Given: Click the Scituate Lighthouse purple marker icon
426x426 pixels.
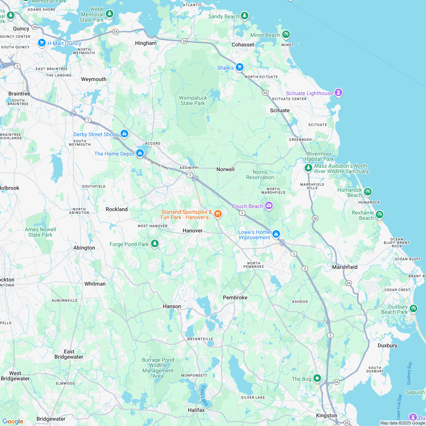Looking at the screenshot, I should coord(338,92).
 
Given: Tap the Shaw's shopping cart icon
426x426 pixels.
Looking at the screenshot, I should coord(239,67).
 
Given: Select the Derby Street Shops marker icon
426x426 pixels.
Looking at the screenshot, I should coord(124,134).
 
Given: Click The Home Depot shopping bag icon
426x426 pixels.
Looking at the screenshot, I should coord(140,153).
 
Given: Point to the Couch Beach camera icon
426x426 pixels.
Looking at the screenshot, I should coord(269,206).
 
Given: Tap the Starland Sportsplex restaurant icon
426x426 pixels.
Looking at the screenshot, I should coord(218,214).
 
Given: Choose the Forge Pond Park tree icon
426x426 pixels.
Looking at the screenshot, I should coord(154,243).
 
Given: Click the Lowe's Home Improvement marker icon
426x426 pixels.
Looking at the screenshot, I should coord(276,234).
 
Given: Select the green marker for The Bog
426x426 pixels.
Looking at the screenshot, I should coord(317,378).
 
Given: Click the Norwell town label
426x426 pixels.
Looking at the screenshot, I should coord(226,169).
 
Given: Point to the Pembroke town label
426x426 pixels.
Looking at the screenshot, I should coord(235,297).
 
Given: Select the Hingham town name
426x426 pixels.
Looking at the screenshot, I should coord(146,43).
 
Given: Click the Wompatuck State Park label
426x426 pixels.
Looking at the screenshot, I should coord(193,100).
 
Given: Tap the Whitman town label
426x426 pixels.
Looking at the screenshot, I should coord(95,284).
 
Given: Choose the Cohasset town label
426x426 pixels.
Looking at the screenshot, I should coord(243,45).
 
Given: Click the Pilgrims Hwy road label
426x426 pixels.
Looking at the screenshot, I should coord(158,164).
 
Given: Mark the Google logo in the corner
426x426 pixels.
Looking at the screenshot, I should coord(13,421).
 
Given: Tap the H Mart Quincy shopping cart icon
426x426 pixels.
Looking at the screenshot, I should coord(42,43).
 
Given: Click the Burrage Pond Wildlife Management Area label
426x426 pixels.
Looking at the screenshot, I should coord(158,368).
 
